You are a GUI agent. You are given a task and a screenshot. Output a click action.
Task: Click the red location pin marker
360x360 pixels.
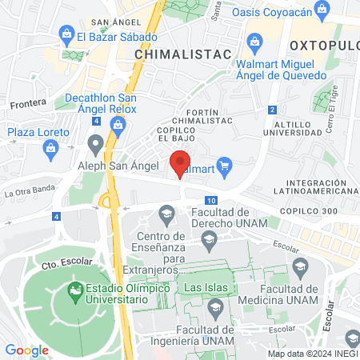coord(181,162)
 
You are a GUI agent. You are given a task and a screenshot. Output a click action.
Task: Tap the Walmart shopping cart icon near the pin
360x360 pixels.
coord(225,167)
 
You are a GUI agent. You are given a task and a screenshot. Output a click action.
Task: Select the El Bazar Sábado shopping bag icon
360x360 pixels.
coord(66,35)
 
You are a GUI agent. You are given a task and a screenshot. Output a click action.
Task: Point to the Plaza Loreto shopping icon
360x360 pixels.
coord(51,148)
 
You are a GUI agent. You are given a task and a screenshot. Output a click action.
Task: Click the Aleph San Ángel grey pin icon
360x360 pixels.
coord(96,144)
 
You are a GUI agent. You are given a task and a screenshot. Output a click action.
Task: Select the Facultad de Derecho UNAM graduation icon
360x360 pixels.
coord(166,212)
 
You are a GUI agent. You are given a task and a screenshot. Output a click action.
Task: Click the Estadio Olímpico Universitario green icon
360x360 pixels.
coord(77,288)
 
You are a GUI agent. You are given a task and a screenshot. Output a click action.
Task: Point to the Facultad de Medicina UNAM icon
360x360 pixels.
coord(300,266)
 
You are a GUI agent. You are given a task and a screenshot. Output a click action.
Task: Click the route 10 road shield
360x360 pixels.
coord(210,200)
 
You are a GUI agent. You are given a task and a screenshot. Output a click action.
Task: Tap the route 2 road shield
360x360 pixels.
coord(273,110)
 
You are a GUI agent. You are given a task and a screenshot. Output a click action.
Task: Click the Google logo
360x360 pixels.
coord(27,350)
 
